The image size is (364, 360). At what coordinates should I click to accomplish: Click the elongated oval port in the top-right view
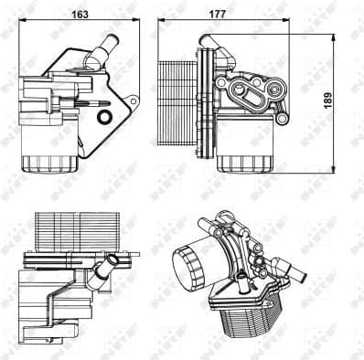[244, 89]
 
